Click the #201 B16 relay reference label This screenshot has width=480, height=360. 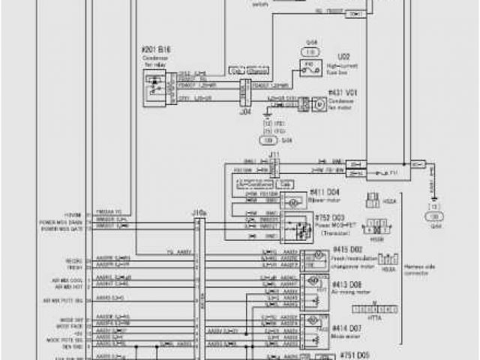click(156, 47)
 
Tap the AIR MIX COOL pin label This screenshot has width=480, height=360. click(64, 279)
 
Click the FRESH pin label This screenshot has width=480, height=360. click(73, 265)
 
